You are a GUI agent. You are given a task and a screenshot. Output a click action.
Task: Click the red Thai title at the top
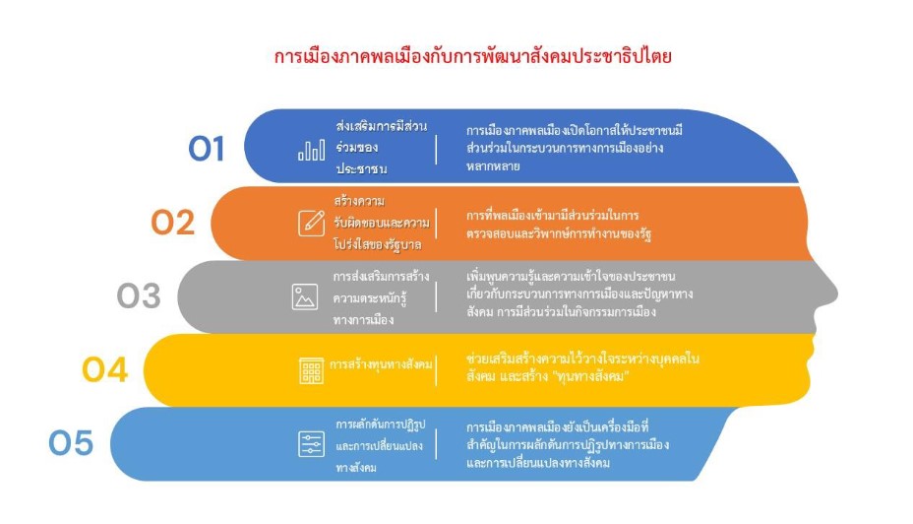[473, 56]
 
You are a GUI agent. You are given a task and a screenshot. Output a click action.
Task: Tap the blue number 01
[207, 149]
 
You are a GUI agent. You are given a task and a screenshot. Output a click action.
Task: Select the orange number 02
[172, 223]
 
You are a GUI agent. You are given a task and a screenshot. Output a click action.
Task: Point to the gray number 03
[139, 296]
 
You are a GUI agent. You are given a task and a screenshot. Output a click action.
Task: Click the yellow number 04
[105, 369]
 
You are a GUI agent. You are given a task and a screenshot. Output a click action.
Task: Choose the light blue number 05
[71, 443]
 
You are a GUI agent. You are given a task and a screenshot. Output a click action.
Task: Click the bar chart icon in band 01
[312, 150]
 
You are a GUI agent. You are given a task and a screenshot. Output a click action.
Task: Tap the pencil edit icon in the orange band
[312, 223]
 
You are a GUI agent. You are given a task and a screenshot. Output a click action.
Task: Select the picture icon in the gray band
[305, 296]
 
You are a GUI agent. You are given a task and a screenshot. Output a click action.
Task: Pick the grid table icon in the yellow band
[311, 370]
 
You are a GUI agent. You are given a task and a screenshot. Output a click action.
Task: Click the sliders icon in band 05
[312, 444]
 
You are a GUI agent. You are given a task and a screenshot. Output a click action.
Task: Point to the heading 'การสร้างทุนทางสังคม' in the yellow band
[382, 364]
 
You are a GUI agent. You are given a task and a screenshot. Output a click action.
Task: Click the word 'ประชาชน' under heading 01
[362, 169]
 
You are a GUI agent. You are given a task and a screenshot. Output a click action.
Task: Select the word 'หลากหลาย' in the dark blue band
[493, 166]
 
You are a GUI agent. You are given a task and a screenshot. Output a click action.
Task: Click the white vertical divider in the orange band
[436, 224]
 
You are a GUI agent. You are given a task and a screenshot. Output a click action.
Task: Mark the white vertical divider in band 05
[436, 444]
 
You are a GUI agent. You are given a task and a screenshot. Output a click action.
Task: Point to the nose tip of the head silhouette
[836, 294]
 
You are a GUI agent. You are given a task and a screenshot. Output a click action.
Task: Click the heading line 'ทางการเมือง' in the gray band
[363, 320]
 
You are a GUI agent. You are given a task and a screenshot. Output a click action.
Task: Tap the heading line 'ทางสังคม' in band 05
[356, 468]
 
